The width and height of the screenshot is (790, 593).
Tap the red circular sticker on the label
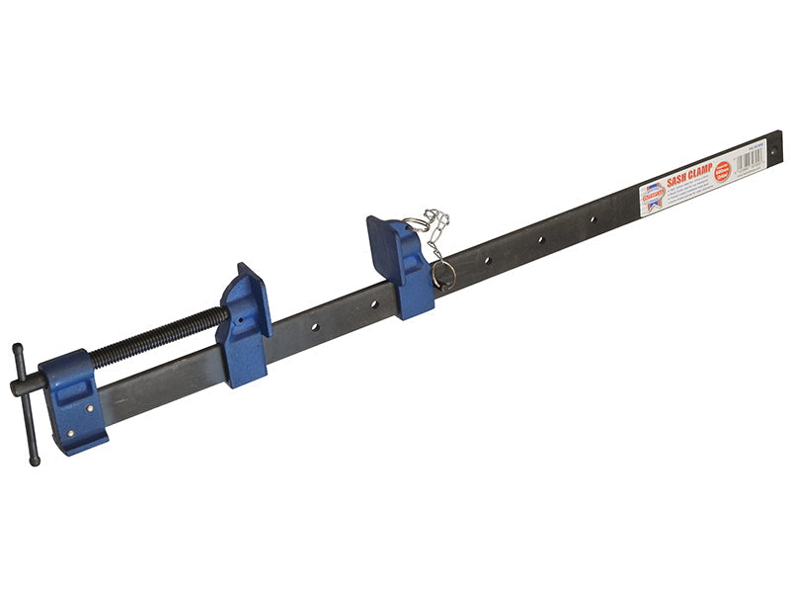click(x=722, y=170)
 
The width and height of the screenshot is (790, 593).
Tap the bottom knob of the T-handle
click(x=35, y=459)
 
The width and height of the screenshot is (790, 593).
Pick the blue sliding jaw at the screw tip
click(x=245, y=321)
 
